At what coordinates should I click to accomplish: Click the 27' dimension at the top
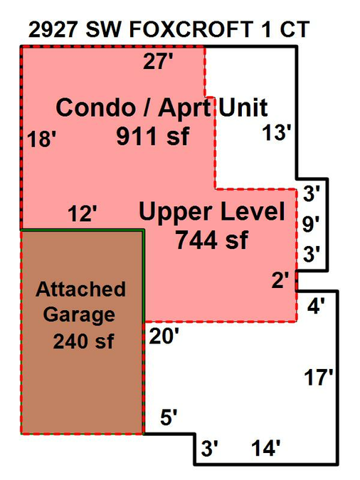158,61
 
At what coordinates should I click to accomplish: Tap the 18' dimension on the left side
42,139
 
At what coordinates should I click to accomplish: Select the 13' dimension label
276,132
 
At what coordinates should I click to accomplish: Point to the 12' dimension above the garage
82,213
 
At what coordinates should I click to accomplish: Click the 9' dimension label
311,224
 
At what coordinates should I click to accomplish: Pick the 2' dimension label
280,280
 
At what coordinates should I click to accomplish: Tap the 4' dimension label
316,306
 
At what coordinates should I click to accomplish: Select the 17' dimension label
318,377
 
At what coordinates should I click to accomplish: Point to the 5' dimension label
169,417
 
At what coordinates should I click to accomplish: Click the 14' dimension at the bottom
266,448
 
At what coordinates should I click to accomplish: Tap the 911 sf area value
153,136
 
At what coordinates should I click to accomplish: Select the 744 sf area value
211,240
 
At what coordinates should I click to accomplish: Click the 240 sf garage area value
83,341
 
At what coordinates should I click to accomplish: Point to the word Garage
79,315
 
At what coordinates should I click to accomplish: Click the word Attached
81,289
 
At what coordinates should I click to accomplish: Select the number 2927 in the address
53,30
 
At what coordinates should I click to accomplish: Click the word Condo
95,107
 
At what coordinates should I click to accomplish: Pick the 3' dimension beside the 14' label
210,449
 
